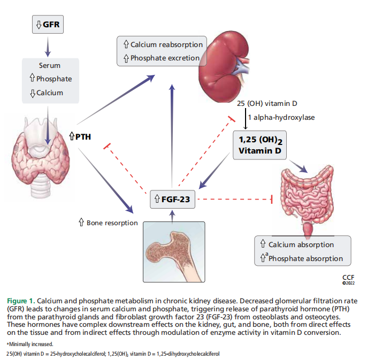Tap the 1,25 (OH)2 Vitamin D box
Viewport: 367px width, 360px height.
(x=259, y=145)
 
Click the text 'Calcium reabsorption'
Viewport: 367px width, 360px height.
(x=166, y=45)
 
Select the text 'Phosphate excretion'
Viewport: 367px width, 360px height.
(x=165, y=58)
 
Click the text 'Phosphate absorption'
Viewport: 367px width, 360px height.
(x=305, y=258)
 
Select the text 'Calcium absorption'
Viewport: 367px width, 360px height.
(x=301, y=245)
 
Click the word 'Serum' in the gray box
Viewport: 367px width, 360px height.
(x=49, y=65)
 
